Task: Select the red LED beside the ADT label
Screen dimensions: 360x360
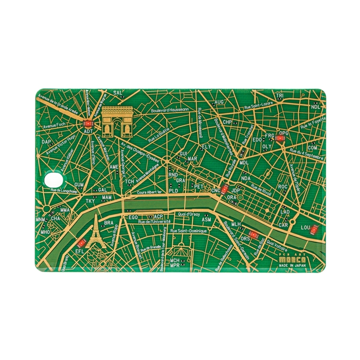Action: click(88, 123)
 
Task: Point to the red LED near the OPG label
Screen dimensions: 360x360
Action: click(280, 138)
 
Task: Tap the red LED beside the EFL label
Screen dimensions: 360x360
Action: click(81, 243)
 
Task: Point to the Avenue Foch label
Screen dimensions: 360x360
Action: click(56, 124)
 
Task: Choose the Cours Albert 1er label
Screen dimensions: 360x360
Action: click(149, 192)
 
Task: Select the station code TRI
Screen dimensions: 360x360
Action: click(279, 96)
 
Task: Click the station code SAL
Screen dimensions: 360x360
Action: click(118, 94)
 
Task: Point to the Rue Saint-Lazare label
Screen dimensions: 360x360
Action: click(259, 104)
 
